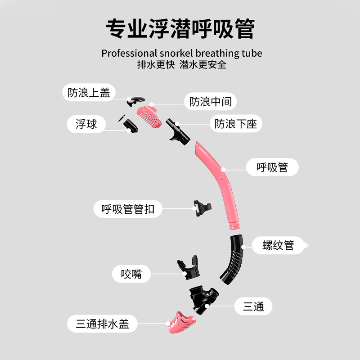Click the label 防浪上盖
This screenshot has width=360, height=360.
pyautogui.click(x=89, y=93)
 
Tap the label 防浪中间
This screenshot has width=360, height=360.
pyautogui.click(x=211, y=102)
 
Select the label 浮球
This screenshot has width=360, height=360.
pyautogui.click(x=86, y=124)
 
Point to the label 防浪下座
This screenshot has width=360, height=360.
pyautogui.click(x=236, y=124)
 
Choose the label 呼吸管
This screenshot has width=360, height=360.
pyautogui.click(x=272, y=168)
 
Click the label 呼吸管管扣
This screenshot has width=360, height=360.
pyautogui.click(x=128, y=209)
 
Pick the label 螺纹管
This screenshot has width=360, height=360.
pyautogui.click(x=278, y=245)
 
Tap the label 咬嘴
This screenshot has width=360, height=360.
pyautogui.click(x=131, y=273)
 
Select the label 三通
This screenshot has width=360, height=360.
pyautogui.click(x=253, y=307)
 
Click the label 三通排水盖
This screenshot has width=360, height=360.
pyautogui.click(x=102, y=324)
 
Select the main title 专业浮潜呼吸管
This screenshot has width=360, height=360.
pyautogui.click(x=180, y=29)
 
